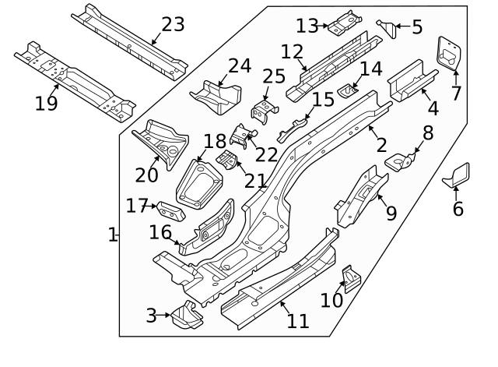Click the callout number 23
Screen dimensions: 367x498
172,24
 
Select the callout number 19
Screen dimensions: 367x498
46,103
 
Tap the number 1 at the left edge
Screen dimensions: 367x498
113,235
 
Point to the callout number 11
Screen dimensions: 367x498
297,320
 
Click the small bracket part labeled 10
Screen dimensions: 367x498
351,279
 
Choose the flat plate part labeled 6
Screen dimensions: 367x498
458,175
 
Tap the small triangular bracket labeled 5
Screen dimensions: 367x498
385,28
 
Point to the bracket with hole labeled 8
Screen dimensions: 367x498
401,162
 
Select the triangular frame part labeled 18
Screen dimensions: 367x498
198,185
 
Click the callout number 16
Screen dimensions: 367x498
161,232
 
